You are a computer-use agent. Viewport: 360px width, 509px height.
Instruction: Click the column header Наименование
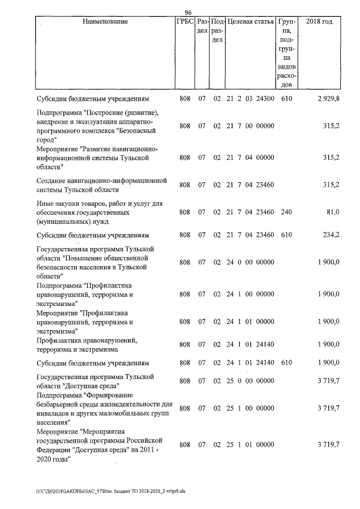click(x=105, y=21)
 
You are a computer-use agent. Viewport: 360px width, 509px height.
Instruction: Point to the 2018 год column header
click(x=319, y=21)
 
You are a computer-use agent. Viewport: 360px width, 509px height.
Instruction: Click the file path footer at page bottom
click(x=110, y=490)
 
